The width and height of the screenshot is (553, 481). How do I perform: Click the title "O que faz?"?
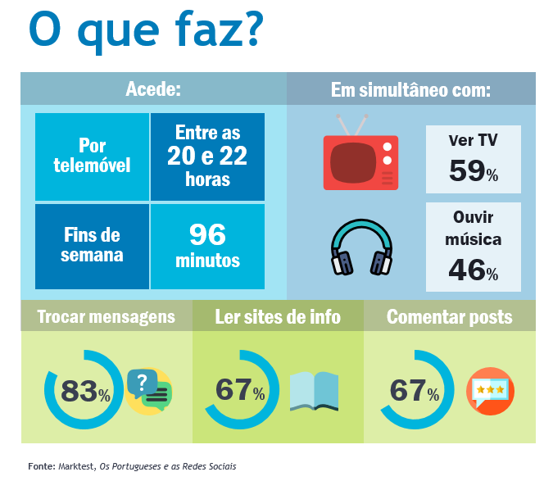point(145,31)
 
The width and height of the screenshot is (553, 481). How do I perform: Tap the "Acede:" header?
point(153,88)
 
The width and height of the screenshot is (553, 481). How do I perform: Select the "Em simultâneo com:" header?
point(410,88)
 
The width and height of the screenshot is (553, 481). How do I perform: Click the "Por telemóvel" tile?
point(92,156)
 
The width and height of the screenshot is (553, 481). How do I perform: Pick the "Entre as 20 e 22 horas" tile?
point(207,156)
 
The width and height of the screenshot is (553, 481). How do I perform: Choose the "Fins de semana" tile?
point(92,245)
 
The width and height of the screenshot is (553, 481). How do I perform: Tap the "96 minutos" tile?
point(207,245)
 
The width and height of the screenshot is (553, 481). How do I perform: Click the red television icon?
point(360,161)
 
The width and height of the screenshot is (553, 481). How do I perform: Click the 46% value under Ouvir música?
point(474,270)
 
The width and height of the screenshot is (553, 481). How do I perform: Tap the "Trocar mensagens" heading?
point(106,316)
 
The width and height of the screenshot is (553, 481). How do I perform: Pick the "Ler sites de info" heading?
point(278,316)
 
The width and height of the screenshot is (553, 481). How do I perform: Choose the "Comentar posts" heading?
point(449,316)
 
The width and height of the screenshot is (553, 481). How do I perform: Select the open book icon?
point(314,390)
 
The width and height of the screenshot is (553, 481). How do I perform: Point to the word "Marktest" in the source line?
point(76,466)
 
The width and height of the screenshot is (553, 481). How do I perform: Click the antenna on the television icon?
point(349,125)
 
